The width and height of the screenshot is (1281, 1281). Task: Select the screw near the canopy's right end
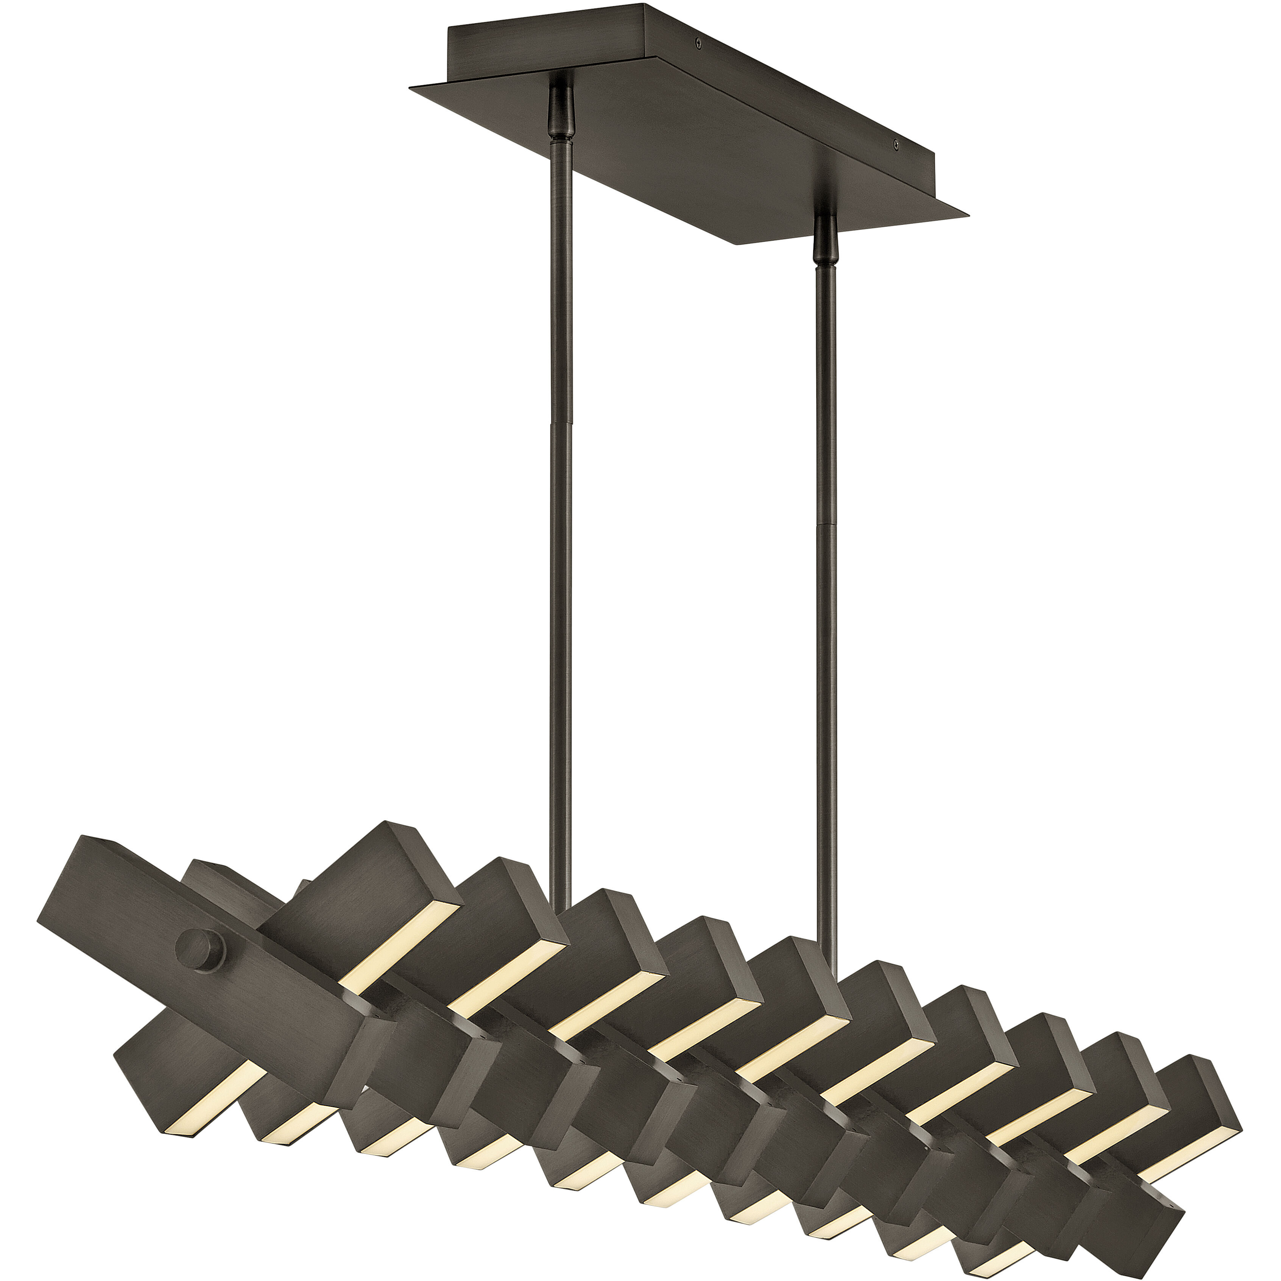(x=896, y=142)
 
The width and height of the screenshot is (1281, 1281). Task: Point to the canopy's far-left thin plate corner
(x=412, y=88)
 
